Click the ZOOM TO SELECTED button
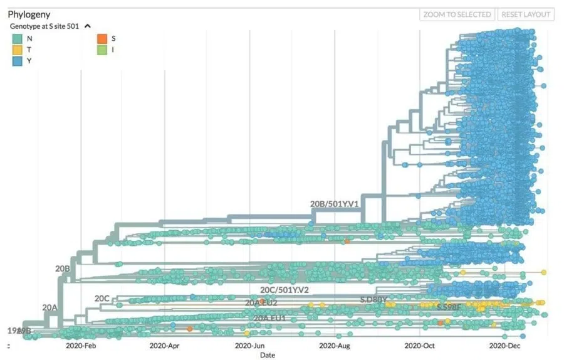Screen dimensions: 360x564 coord(457,14)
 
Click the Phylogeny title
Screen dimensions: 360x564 coord(29,14)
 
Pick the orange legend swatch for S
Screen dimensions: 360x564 coord(102,38)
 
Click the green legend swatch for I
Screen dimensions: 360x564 coord(102,50)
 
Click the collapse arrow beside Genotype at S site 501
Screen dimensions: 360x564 coord(88,26)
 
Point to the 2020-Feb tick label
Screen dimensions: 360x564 coord(81,346)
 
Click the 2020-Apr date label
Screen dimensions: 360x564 coord(165,346)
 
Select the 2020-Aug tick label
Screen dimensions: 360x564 coord(334,346)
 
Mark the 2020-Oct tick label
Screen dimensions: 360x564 coord(419,346)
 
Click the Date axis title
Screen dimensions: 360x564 coord(268,355)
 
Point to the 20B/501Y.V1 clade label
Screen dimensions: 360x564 coord(334,204)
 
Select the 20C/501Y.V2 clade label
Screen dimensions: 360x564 coord(285,290)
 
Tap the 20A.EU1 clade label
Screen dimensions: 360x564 coord(269,318)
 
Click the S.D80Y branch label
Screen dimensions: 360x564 coord(373,300)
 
